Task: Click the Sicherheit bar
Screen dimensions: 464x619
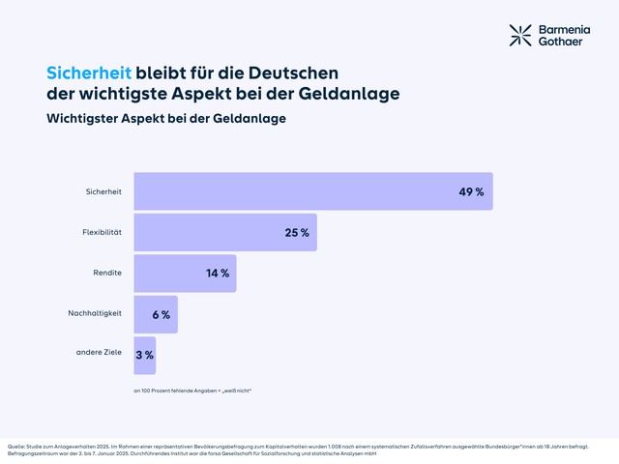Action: (x=312, y=191)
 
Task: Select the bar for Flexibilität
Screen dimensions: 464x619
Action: (x=224, y=233)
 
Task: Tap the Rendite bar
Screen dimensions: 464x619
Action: (x=185, y=274)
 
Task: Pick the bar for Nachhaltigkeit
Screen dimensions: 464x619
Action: (x=155, y=314)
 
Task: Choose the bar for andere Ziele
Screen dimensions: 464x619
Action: (x=144, y=355)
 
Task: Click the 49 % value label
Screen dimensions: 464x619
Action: (x=471, y=191)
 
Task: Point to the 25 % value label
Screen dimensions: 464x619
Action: (x=297, y=233)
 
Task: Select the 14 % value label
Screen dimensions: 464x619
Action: (x=218, y=274)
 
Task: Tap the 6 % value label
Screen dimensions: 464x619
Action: (x=161, y=314)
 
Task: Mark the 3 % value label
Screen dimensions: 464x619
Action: (x=144, y=355)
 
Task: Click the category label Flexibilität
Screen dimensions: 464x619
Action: (x=103, y=232)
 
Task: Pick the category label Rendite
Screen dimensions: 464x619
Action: (x=107, y=273)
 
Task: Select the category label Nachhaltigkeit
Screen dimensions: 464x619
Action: (x=95, y=313)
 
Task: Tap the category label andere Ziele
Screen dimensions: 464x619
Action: (x=99, y=352)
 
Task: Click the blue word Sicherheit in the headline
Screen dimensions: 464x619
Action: (x=89, y=72)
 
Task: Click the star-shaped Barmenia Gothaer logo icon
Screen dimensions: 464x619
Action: (x=521, y=36)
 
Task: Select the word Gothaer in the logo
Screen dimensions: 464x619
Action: (x=563, y=43)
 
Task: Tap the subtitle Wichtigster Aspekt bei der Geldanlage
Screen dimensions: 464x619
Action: (x=166, y=118)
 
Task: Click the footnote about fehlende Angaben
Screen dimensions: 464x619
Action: (x=192, y=391)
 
